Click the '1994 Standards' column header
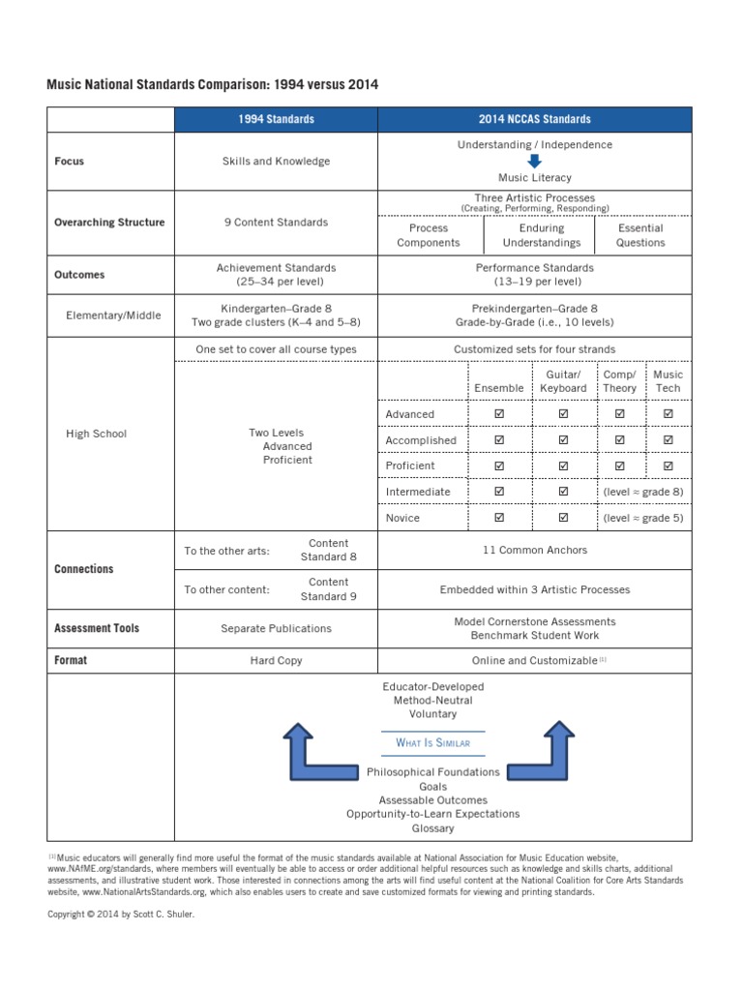[276, 119]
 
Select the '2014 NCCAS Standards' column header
[534, 119]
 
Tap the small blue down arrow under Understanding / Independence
[534, 161]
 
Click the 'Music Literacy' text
[534, 178]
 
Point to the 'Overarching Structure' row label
[109, 223]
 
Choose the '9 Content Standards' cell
[276, 223]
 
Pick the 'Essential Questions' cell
[640, 236]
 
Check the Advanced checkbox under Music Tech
[668, 414]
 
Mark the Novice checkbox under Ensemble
[499, 518]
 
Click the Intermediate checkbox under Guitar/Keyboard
[563, 492]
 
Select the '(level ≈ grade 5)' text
[642, 518]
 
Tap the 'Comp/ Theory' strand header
[620, 381]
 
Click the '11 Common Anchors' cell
[534, 551]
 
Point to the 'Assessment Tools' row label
[97, 628]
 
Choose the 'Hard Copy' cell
[276, 661]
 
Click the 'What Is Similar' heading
[432, 743]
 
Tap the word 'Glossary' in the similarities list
[432, 828]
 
